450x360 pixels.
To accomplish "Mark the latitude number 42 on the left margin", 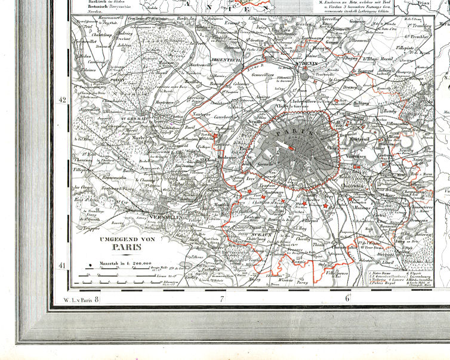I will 61,100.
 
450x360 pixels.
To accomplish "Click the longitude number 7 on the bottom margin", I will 221,298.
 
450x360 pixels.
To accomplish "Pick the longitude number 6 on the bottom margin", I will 346,298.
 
